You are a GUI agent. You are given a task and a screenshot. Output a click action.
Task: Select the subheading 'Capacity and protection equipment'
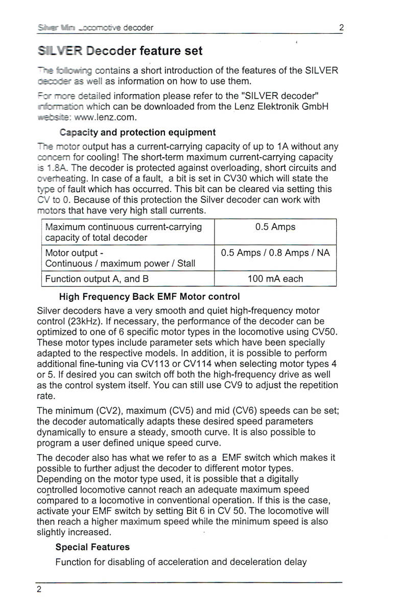tap(137, 132)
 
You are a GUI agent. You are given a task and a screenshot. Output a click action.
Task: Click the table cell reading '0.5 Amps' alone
tap(275, 227)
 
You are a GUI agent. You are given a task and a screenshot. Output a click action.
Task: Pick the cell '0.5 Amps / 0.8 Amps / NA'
tap(275, 253)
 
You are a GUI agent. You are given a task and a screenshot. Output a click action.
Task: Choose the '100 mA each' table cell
tap(275, 279)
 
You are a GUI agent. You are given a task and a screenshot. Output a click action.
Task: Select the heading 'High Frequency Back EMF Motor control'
tap(149, 296)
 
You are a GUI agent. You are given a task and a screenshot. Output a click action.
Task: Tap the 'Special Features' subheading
tap(92, 547)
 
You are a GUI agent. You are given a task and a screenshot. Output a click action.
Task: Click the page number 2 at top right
tap(341, 28)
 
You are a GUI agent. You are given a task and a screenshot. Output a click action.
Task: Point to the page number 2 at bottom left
tap(39, 589)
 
